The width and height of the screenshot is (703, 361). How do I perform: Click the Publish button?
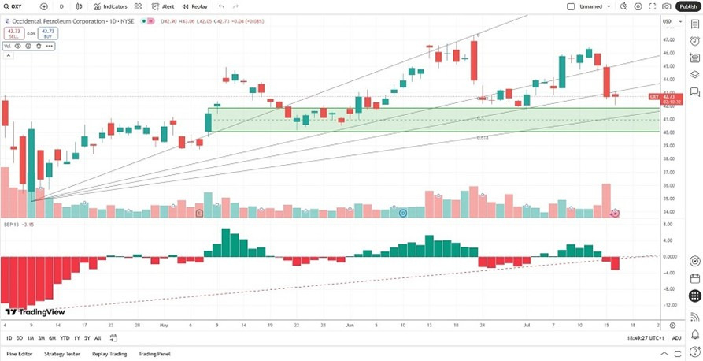tap(687, 6)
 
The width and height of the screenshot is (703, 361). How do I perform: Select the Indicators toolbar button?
tap(111, 6)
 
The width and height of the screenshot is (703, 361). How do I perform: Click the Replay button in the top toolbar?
tap(195, 6)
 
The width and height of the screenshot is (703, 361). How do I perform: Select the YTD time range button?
tap(65, 338)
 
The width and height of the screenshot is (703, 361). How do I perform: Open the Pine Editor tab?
tap(20, 354)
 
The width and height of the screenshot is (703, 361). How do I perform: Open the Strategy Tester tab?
tap(62, 354)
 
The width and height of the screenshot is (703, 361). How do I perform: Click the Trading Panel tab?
tap(154, 354)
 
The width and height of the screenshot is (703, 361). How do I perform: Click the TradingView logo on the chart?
tap(35, 312)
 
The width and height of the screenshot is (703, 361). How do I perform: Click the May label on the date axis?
tap(164, 325)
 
